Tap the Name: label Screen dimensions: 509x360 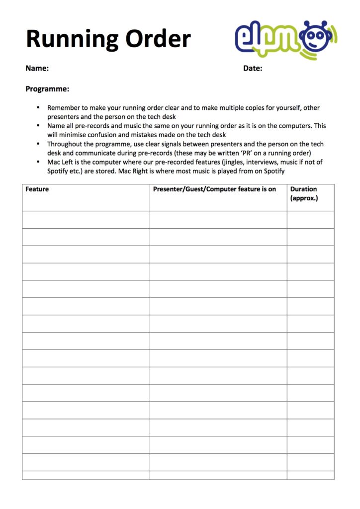[37, 69]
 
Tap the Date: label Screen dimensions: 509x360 [253, 69]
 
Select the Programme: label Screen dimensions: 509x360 [47, 89]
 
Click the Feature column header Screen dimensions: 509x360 [37, 189]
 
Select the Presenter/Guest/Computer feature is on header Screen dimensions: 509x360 [214, 189]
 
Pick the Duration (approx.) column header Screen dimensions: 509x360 [304, 194]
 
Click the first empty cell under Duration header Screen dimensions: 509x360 [310, 220]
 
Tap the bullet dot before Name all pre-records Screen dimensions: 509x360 [39, 126]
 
